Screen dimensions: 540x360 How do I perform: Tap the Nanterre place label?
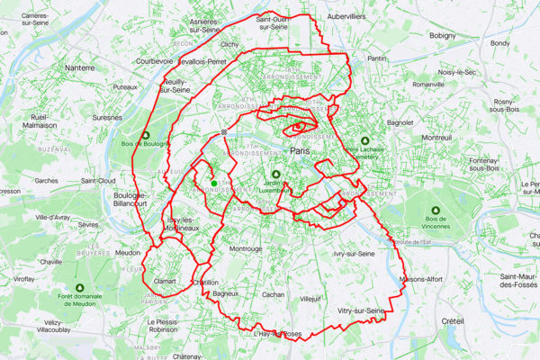(81, 67)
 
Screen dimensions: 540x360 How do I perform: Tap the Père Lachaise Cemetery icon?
(365, 141)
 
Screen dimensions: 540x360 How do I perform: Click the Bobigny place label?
(443, 36)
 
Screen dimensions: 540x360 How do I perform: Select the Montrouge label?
(246, 248)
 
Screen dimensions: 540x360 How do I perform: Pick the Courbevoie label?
(153, 63)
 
